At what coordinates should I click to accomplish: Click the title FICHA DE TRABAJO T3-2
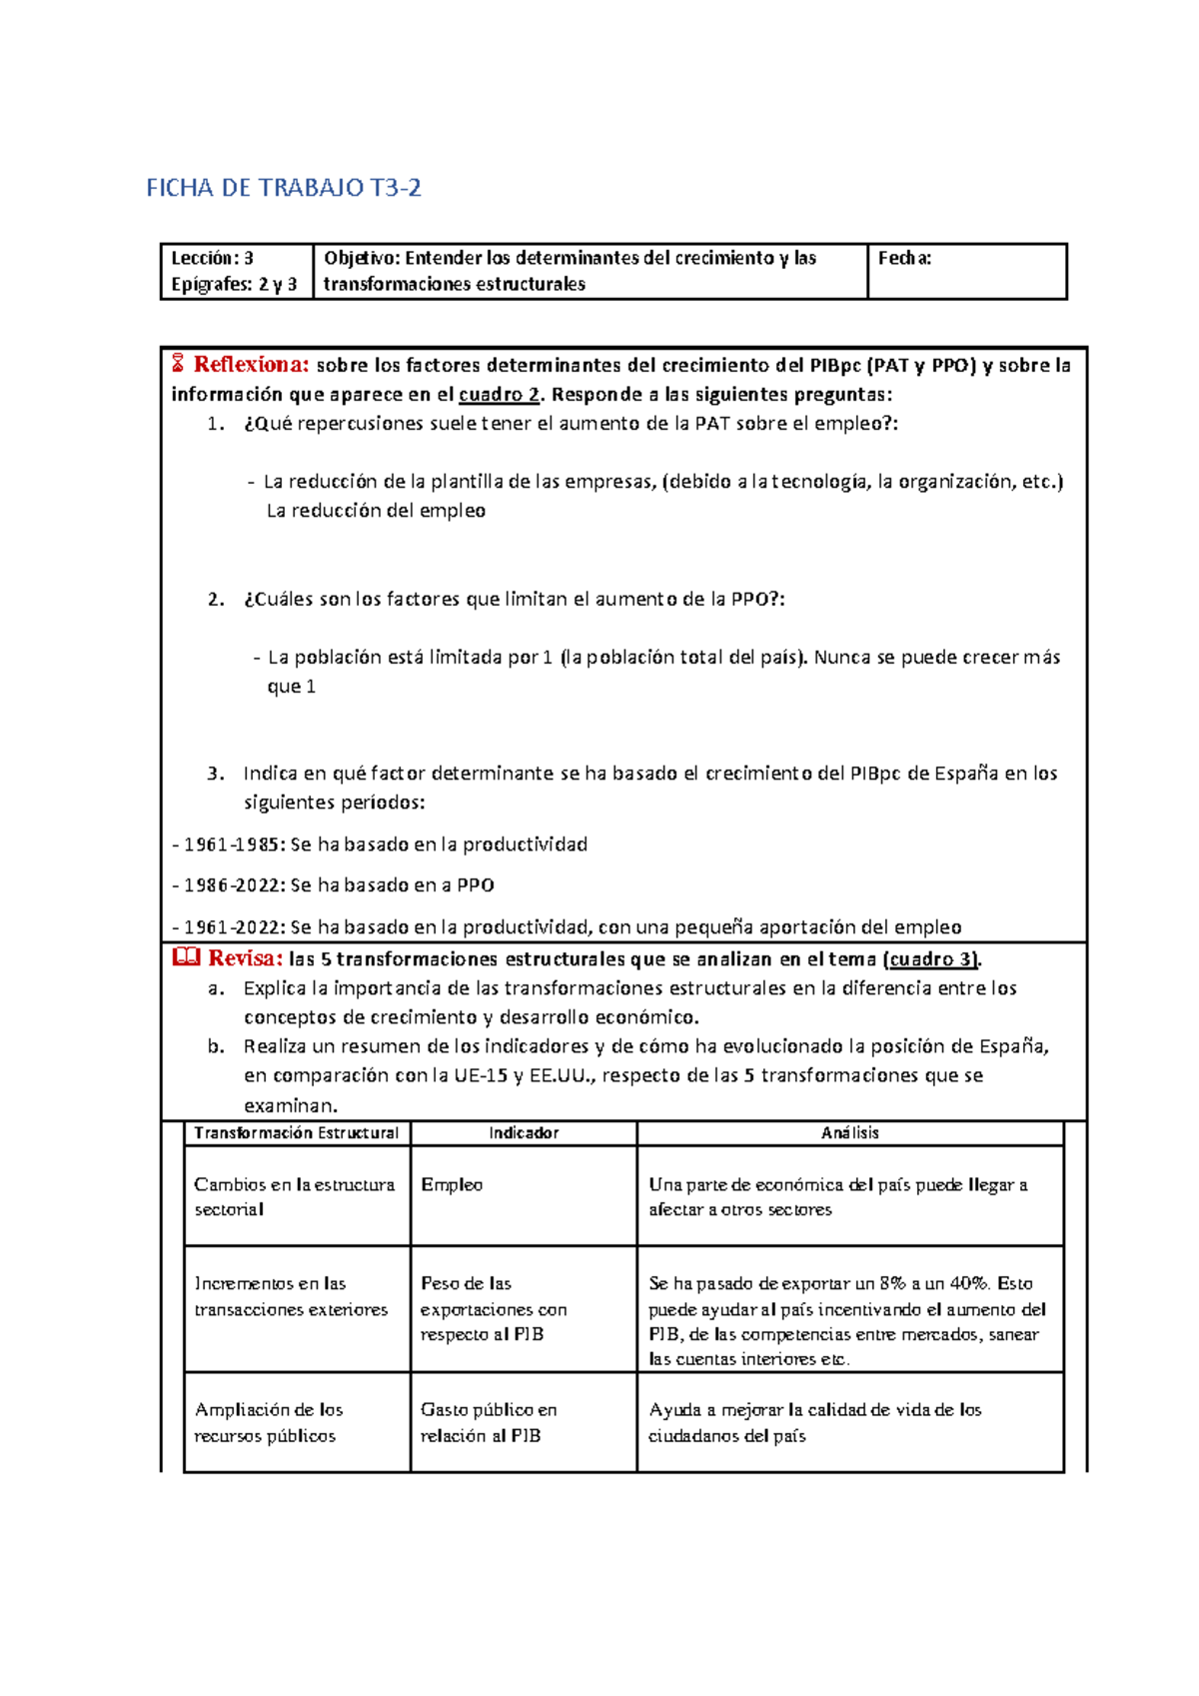tap(284, 188)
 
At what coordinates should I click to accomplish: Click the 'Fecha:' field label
tap(904, 258)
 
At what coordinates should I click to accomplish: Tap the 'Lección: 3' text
tap(212, 258)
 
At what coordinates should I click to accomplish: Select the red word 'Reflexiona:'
tap(251, 364)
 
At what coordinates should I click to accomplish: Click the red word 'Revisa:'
tap(245, 958)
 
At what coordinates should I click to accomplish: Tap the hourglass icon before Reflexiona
tap(178, 364)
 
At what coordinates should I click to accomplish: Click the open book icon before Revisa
tap(187, 957)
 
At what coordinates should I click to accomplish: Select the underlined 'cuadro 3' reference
tap(931, 959)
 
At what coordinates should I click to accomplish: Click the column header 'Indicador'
tap(524, 1132)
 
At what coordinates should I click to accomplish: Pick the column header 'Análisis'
tap(850, 1132)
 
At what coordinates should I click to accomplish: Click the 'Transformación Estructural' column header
tap(296, 1132)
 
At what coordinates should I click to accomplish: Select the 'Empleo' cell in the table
tap(452, 1184)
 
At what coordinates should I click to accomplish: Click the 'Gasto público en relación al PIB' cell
tap(488, 1422)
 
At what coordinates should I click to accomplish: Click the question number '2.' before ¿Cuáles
tap(216, 600)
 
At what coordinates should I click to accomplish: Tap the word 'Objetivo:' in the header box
tap(361, 258)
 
